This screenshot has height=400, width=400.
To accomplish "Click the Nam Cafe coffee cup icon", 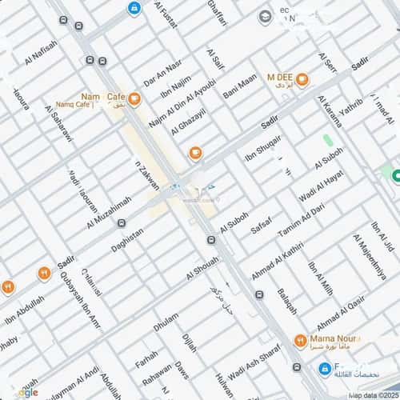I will pyautogui.click(x=134, y=99).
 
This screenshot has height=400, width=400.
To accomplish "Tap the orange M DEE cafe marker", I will pyautogui.click(x=302, y=78).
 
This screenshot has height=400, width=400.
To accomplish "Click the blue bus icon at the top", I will pyautogui.click(x=134, y=8).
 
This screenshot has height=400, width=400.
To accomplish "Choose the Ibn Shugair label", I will pyautogui.click(x=263, y=146).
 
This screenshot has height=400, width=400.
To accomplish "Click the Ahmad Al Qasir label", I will pyautogui.click(x=340, y=314).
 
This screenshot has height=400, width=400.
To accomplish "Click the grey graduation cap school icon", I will pyautogui.click(x=265, y=16).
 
